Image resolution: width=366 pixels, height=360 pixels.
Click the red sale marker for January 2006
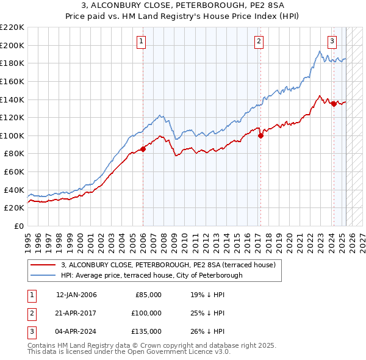click(x=143, y=148)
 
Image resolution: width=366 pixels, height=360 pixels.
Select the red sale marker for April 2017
click(x=260, y=135)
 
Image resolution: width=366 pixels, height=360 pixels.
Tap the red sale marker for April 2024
click(x=334, y=104)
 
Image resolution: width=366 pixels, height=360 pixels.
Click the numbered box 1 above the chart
click(x=141, y=41)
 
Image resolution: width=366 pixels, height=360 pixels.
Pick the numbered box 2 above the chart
click(x=259, y=41)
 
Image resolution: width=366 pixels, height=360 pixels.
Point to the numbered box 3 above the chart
click(x=332, y=41)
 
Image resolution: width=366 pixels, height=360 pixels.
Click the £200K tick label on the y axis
click(x=12, y=45)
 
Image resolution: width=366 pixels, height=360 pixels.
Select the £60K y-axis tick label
click(x=14, y=171)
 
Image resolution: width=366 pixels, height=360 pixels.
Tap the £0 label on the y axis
click(x=18, y=226)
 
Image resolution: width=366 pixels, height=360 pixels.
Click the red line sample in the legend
click(x=44, y=265)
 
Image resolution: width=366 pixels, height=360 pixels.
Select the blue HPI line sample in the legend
click(x=44, y=275)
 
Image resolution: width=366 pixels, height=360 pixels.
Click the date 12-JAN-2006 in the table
click(x=76, y=295)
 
